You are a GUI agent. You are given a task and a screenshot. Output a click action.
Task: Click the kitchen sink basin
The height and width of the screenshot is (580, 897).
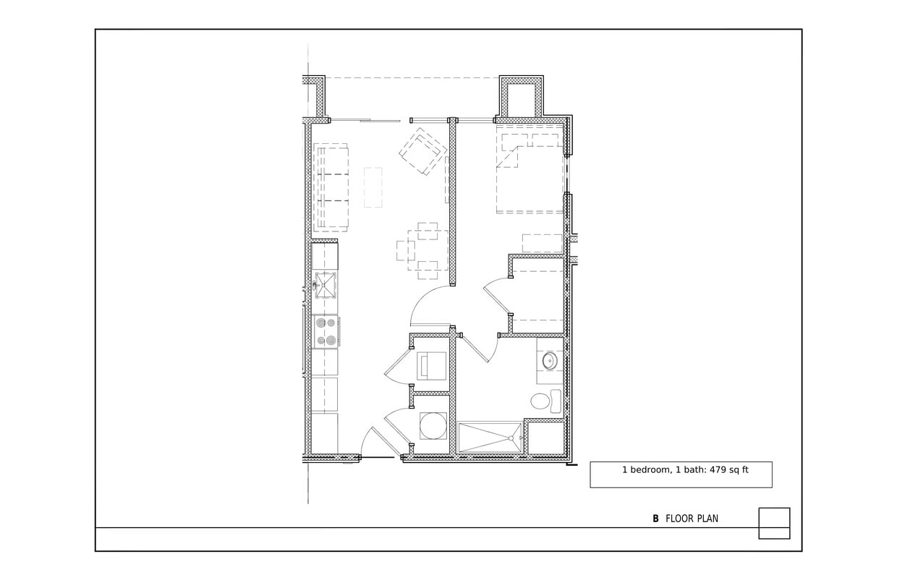click(326, 284)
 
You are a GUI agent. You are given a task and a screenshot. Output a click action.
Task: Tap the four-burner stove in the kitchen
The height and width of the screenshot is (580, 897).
click(326, 332)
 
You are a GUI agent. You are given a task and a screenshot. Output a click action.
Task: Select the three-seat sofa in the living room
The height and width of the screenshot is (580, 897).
click(332, 187)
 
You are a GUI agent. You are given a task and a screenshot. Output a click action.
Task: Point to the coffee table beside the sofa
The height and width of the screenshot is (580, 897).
click(373, 187)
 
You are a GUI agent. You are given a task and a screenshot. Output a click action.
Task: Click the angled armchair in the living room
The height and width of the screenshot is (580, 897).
click(422, 152)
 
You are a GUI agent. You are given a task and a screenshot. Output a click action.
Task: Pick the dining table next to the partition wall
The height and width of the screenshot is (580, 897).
click(427, 250)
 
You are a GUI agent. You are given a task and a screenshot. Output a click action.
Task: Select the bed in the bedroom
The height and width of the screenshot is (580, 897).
click(530, 174)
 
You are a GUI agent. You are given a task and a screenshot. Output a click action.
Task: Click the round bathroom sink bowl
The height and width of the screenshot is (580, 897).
click(550, 360)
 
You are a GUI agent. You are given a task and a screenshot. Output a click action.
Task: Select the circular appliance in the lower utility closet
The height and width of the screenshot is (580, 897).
click(433, 425)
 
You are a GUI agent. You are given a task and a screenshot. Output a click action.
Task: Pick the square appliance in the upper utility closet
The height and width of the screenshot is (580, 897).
click(432, 365)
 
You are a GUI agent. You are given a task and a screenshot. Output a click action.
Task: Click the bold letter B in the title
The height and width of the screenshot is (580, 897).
click(655, 519)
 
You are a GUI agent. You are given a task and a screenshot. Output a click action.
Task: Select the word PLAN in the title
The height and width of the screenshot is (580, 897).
click(707, 519)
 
